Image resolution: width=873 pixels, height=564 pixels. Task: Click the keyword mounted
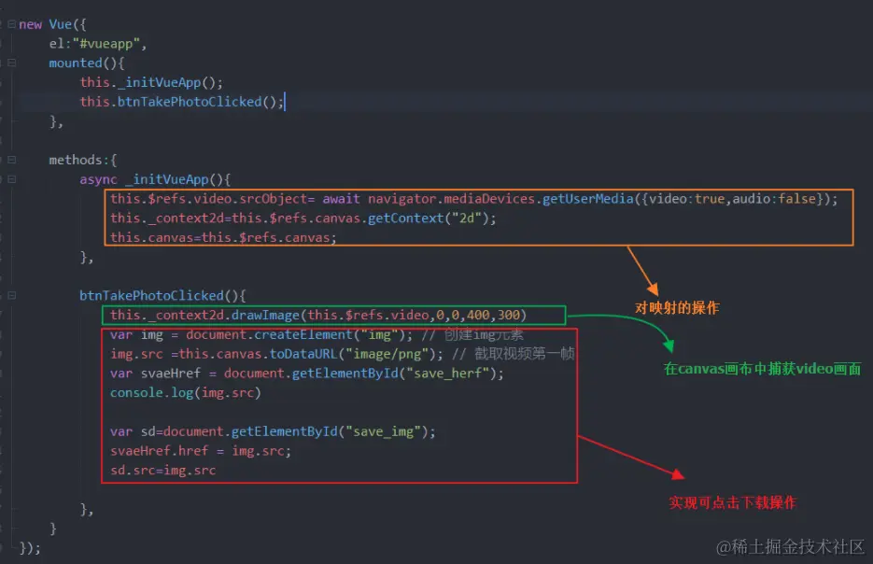(76, 63)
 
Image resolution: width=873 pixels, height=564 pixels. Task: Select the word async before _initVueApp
(98, 179)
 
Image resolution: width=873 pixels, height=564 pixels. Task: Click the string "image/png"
(392, 354)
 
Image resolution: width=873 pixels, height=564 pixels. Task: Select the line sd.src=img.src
(162, 470)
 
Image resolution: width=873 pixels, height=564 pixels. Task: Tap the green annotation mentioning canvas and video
(762, 369)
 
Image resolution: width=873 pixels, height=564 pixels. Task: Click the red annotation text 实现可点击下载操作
(732, 502)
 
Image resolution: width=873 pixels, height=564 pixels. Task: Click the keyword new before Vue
(30, 24)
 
